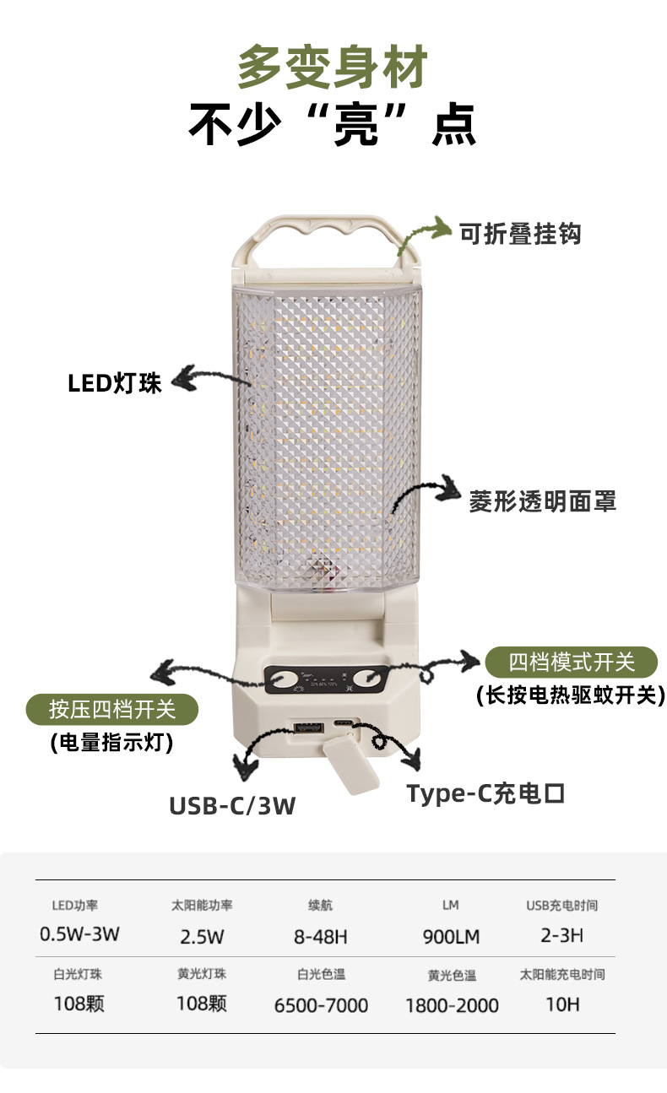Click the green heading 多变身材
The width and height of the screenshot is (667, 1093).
(x=332, y=68)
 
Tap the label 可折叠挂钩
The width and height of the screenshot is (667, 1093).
(x=519, y=233)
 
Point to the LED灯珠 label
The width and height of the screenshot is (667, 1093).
(x=115, y=383)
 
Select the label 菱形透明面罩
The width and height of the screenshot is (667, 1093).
(x=542, y=501)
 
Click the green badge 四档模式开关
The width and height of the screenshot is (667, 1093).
(x=571, y=662)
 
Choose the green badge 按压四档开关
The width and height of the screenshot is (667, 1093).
(x=112, y=709)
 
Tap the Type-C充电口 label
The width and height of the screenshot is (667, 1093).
(x=485, y=794)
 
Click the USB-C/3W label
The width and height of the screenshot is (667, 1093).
(x=232, y=806)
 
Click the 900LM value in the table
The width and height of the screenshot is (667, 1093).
(x=450, y=937)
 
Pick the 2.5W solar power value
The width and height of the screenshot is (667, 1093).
(x=202, y=937)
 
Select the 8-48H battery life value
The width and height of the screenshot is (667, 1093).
(x=321, y=937)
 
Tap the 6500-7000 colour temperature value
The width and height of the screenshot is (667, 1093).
(x=321, y=1005)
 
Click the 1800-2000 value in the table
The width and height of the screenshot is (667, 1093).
(x=452, y=1005)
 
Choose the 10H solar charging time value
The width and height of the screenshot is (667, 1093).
(x=561, y=1004)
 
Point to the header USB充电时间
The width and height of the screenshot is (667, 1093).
(x=561, y=906)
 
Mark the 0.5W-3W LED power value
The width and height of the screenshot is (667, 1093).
(x=80, y=935)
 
